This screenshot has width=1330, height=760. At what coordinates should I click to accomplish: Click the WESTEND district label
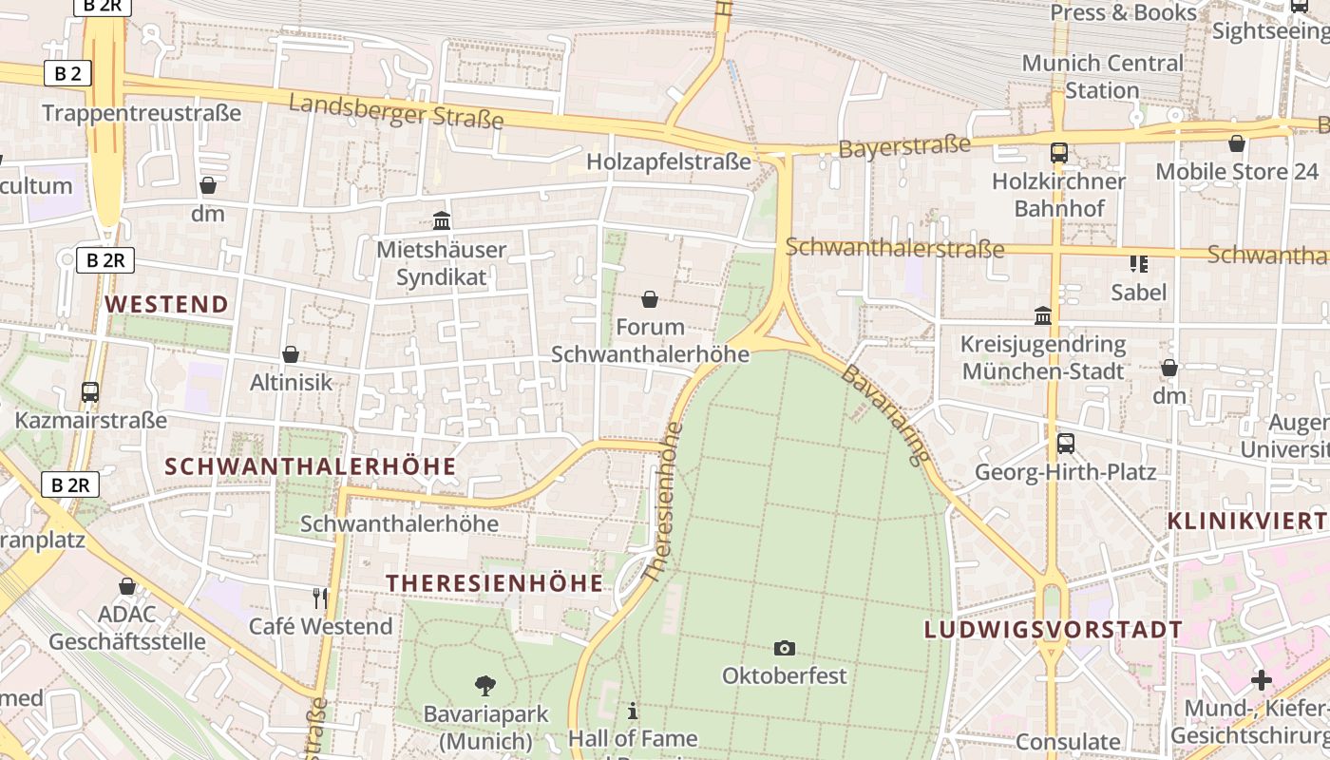[166, 304]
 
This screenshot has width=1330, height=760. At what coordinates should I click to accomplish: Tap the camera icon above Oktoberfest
[784, 648]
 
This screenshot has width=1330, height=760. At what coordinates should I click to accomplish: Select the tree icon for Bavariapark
[485, 684]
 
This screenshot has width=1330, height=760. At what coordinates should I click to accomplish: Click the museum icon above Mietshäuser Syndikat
[442, 220]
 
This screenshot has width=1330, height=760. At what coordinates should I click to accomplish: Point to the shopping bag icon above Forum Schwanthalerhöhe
[650, 299]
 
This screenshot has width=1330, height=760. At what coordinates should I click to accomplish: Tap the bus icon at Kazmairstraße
[90, 391]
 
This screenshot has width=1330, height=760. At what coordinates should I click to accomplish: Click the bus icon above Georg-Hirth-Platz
[1066, 443]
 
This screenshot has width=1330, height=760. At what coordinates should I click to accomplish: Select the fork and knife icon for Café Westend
[320, 598]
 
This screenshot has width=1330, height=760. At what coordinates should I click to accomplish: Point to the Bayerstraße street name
[904, 146]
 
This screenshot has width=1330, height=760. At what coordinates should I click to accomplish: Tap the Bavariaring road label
[884, 414]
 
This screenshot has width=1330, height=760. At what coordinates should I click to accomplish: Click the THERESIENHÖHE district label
[494, 583]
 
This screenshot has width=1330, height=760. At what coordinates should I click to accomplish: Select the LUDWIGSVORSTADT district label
[1054, 629]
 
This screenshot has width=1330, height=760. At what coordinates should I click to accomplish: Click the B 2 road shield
[67, 73]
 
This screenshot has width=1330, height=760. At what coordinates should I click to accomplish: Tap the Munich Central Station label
[1102, 77]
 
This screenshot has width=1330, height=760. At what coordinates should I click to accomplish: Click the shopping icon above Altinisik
[291, 354]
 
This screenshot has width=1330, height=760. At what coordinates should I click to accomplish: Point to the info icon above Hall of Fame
[633, 710]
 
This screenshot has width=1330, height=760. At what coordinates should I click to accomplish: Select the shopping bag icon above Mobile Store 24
[1237, 143]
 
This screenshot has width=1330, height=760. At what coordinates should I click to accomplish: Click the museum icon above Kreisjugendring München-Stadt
[1043, 315]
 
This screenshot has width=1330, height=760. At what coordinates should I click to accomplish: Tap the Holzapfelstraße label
[668, 161]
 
